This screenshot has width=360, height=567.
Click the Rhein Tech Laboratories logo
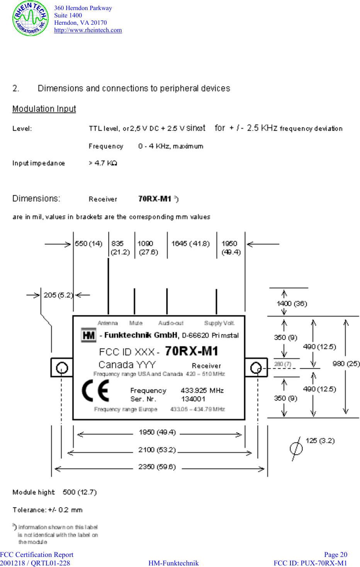tap(30, 19)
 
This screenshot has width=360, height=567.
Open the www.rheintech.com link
tap(88, 30)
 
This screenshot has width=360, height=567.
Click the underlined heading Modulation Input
tap(44, 109)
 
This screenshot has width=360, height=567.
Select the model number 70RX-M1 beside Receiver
tap(155, 199)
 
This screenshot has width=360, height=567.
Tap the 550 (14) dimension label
tap(88, 243)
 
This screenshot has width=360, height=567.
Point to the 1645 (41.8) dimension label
tap(190, 243)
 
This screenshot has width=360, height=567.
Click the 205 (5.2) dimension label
tap(58, 295)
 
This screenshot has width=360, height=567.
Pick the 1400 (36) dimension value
tap(292, 304)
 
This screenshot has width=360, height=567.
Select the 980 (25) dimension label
tap(346, 364)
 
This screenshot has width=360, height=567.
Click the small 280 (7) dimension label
tap(283, 364)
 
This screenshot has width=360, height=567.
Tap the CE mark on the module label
tap(95, 391)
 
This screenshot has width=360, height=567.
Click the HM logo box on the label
tap(88, 335)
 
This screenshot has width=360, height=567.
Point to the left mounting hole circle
tap(61, 368)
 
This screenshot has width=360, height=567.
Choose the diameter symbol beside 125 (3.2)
tap(296, 448)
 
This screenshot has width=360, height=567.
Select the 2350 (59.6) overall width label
tap(157, 467)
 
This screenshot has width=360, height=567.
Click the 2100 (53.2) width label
tap(157, 450)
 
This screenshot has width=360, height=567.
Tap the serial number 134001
tap(193, 399)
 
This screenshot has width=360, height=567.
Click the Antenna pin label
tap(107, 323)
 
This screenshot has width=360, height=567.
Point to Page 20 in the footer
tap(335, 555)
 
